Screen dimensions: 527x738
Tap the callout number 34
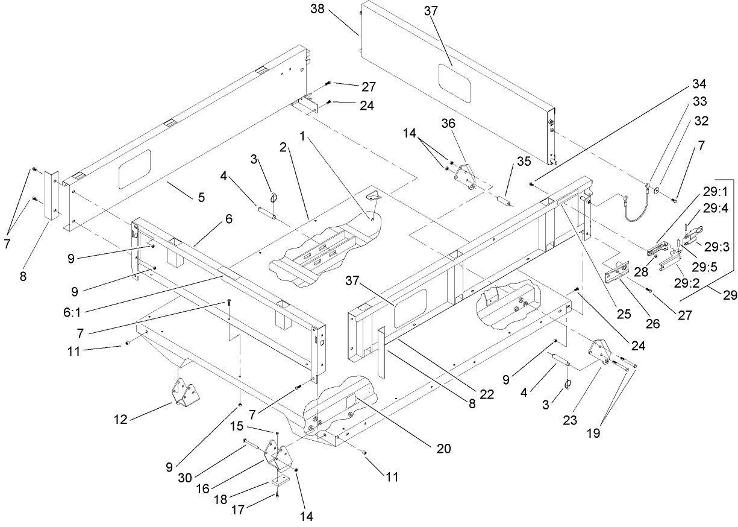[699, 83]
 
